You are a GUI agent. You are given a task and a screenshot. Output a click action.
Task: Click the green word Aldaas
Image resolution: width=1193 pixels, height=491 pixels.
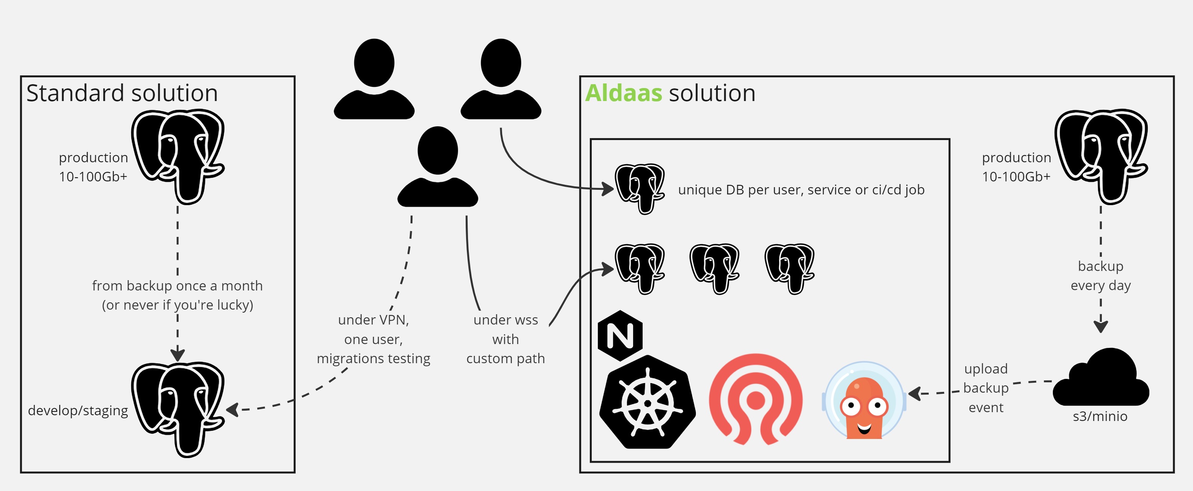(624, 93)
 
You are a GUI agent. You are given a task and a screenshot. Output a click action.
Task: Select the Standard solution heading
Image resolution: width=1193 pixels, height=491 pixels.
(122, 93)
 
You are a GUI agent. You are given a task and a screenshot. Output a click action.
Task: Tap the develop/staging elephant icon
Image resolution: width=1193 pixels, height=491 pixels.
(178, 409)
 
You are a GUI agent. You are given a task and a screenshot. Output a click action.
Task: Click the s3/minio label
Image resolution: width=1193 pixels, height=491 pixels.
(1100, 416)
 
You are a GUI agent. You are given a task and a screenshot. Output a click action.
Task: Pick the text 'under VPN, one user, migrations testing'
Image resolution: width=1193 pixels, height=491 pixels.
(373, 339)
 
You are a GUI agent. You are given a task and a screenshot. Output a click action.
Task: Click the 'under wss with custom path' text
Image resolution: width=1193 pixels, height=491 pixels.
(505, 339)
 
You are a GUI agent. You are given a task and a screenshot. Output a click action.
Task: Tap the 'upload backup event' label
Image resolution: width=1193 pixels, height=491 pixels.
(985, 388)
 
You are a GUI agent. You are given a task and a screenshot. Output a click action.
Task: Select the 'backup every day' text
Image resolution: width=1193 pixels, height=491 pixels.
(1100, 276)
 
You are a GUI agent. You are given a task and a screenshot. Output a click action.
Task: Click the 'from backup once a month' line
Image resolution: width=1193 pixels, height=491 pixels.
(177, 286)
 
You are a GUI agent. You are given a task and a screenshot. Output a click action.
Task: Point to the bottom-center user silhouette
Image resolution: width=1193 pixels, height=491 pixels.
(438, 166)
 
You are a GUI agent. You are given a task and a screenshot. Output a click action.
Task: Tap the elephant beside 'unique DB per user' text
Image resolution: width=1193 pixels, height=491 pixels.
(640, 188)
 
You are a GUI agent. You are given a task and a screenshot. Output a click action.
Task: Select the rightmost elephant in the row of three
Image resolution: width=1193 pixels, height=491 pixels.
(790, 268)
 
